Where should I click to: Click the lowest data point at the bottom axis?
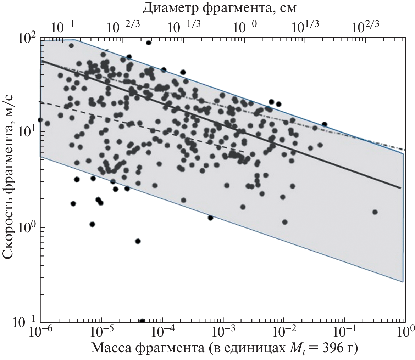(x=142, y=321)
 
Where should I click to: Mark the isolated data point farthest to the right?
(x=375, y=212)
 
